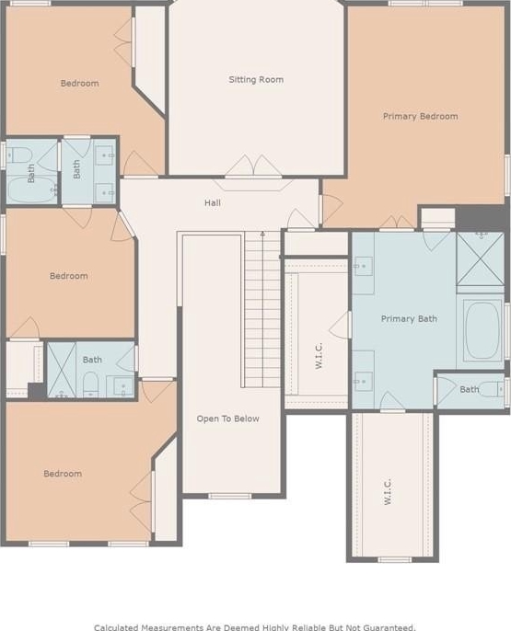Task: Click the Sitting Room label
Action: pos(256,80)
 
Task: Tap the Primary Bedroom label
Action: pos(421,116)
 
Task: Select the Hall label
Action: pos(212,202)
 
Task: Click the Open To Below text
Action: pos(228,419)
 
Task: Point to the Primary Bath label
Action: pos(409,318)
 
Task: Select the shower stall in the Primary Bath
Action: pos(480,258)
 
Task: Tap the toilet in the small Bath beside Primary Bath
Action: pos(492,389)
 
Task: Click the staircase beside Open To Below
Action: pos(262,309)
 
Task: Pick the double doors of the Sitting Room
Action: pos(253,165)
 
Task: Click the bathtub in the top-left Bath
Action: pos(32,189)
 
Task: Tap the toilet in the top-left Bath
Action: pos(19,155)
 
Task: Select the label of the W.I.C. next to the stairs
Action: pos(319,355)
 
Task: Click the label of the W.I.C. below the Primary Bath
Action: pos(388,491)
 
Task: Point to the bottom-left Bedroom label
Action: pos(63,474)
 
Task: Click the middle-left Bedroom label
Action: pos(69,276)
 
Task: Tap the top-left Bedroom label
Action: pos(80,84)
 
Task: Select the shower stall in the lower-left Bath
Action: pos(62,370)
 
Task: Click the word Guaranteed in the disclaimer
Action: pos(389,627)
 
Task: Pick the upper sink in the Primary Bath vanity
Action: pos(363,267)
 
